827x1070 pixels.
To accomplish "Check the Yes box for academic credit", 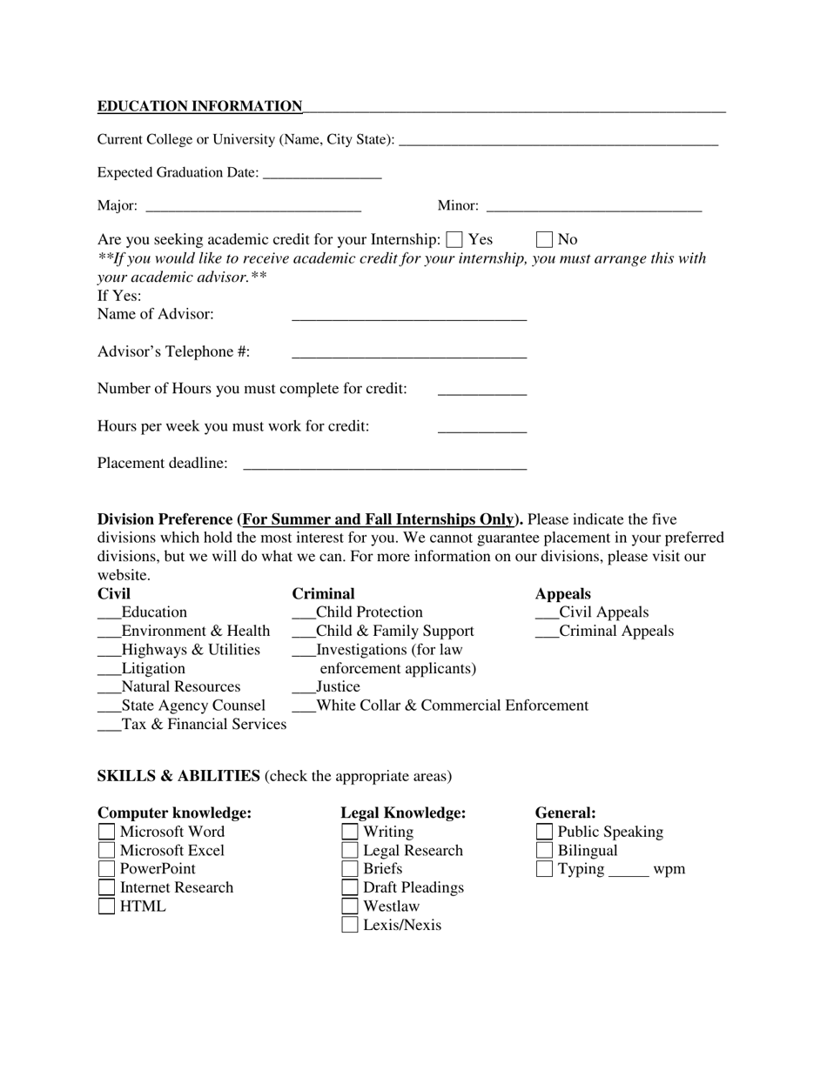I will [x=454, y=239].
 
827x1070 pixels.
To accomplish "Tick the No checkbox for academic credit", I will [x=545, y=239].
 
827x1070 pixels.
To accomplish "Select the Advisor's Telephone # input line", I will [x=409, y=353].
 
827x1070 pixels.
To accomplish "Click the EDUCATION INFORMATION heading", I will [x=199, y=106].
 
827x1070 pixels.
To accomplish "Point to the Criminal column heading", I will [x=323, y=594].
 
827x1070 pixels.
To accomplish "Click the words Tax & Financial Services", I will [x=204, y=724].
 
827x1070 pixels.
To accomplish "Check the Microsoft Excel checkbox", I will [x=106, y=850].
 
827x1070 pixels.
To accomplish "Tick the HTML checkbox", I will [x=106, y=906].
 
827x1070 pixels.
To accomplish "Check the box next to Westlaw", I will [x=350, y=906].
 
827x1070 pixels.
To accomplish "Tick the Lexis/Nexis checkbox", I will [x=350, y=925].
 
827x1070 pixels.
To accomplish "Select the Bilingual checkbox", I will [x=544, y=850].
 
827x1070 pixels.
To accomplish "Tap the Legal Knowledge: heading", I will [x=403, y=813].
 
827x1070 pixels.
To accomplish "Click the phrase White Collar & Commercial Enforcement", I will [x=452, y=706].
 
